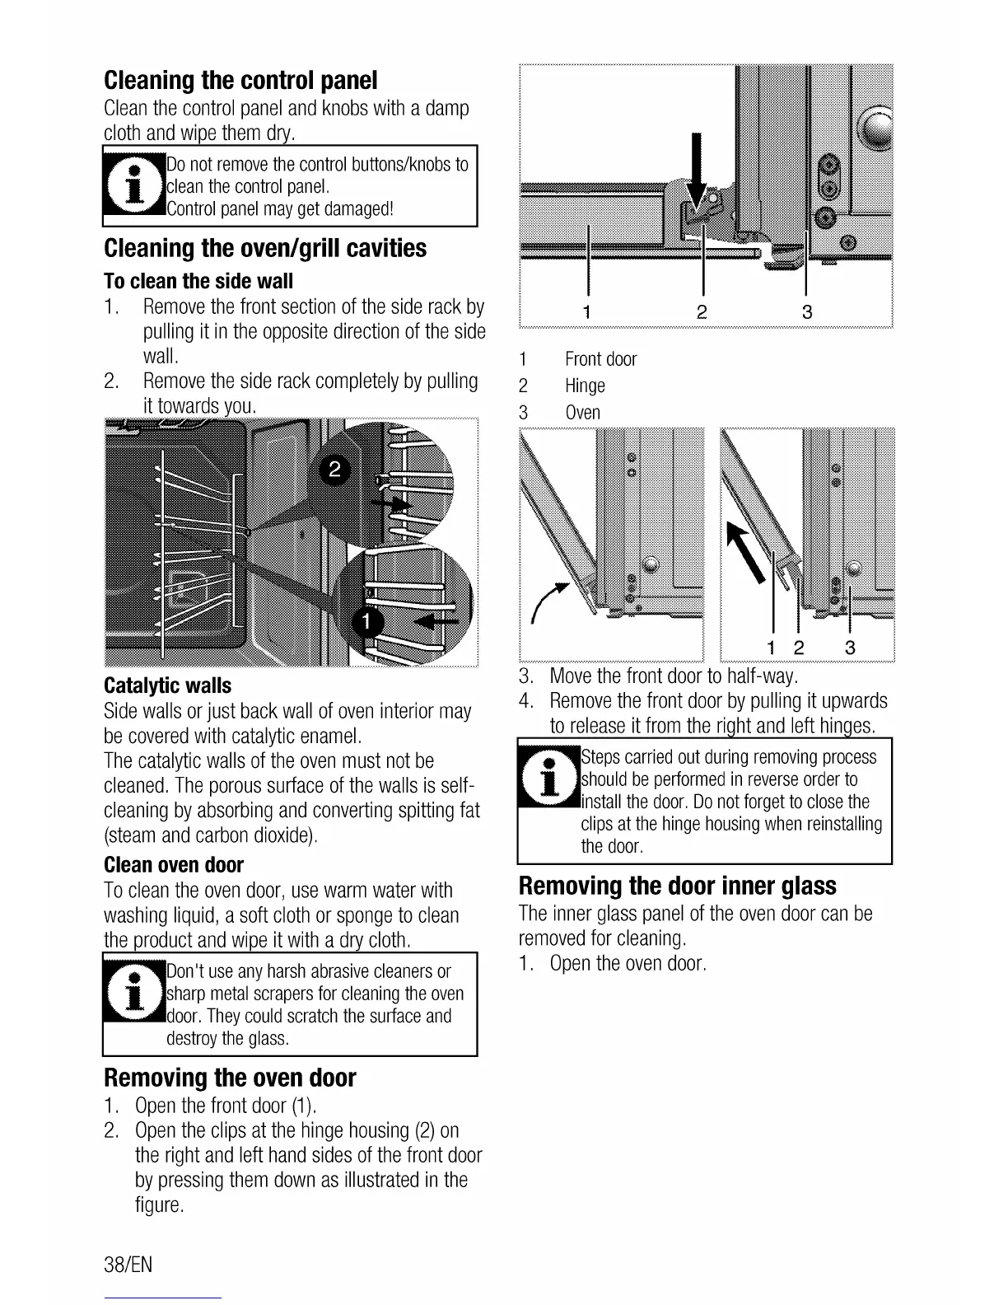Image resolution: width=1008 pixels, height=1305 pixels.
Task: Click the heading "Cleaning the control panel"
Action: pyautogui.click(x=240, y=81)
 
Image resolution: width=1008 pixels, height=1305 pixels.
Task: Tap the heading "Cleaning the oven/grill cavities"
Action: pyautogui.click(x=265, y=248)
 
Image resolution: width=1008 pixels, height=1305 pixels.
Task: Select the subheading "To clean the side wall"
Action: pyautogui.click(x=198, y=282)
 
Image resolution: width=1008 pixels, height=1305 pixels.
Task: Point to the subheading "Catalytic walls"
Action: pyautogui.click(x=168, y=685)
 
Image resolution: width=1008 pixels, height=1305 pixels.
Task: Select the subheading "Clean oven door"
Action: pyautogui.click(x=174, y=865)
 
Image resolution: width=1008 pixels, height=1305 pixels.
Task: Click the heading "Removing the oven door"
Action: pyautogui.click(x=230, y=1078)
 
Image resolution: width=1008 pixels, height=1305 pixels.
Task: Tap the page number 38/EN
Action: pyautogui.click(x=128, y=1265)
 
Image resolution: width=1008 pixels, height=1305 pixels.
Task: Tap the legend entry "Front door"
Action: pyautogui.click(x=600, y=359)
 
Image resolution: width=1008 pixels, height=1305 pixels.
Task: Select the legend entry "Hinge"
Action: pyautogui.click(x=585, y=386)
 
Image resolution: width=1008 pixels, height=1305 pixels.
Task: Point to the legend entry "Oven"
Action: pyautogui.click(x=582, y=413)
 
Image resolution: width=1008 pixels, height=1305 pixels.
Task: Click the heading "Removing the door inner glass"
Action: pyautogui.click(x=677, y=886)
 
